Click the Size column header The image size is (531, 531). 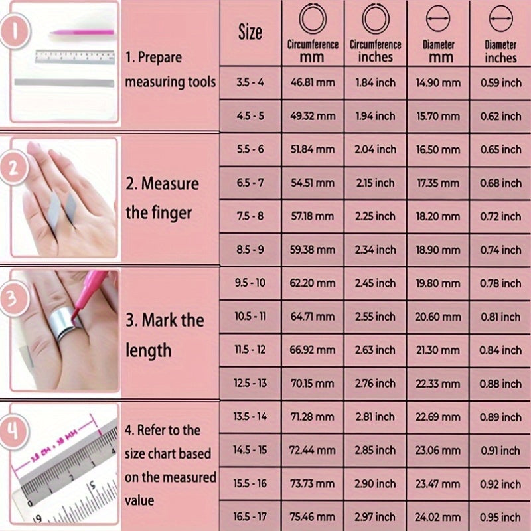(250, 32)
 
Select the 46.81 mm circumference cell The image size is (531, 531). (313, 82)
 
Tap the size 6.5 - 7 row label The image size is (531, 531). (250, 183)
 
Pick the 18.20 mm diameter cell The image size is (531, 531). (438, 216)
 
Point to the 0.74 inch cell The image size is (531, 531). (500, 250)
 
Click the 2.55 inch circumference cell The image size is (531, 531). (375, 317)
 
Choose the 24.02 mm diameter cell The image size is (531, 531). (438, 517)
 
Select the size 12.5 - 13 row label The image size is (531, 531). (250, 384)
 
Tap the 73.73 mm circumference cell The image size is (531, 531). (313, 484)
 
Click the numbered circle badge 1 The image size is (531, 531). (15, 31)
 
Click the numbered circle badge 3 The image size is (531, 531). (13, 299)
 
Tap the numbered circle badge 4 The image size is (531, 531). (13, 432)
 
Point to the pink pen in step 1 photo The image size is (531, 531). (82, 33)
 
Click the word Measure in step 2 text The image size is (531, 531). (170, 184)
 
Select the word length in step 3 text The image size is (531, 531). (148, 350)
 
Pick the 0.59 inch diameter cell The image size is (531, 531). (500, 82)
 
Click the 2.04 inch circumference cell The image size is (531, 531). (375, 149)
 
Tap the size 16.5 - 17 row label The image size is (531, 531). (250, 517)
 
